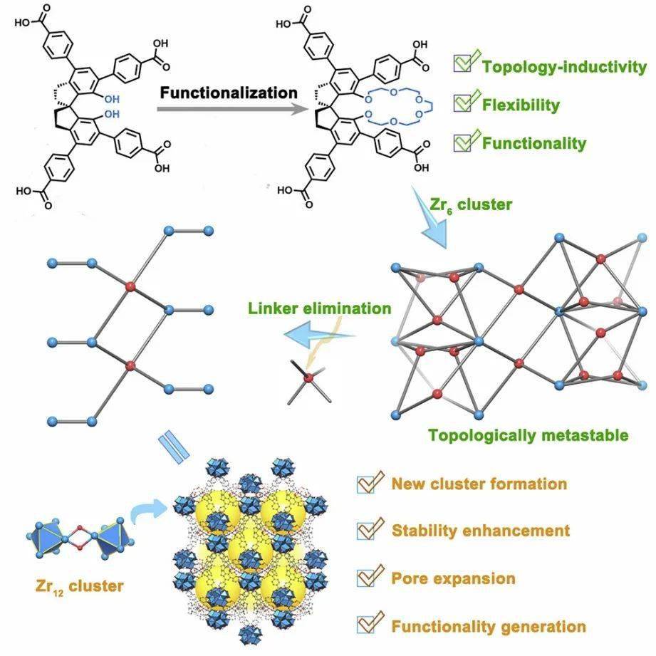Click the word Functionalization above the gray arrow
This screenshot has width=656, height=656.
coord(228,93)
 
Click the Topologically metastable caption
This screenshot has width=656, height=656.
coord(527,435)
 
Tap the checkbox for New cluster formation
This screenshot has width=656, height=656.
coord(367,484)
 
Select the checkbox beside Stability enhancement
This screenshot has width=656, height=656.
coord(367,531)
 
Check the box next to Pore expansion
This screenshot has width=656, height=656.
coord(367,578)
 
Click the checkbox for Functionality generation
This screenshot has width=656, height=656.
coord(367,625)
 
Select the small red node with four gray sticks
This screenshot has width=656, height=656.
coord(308,380)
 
